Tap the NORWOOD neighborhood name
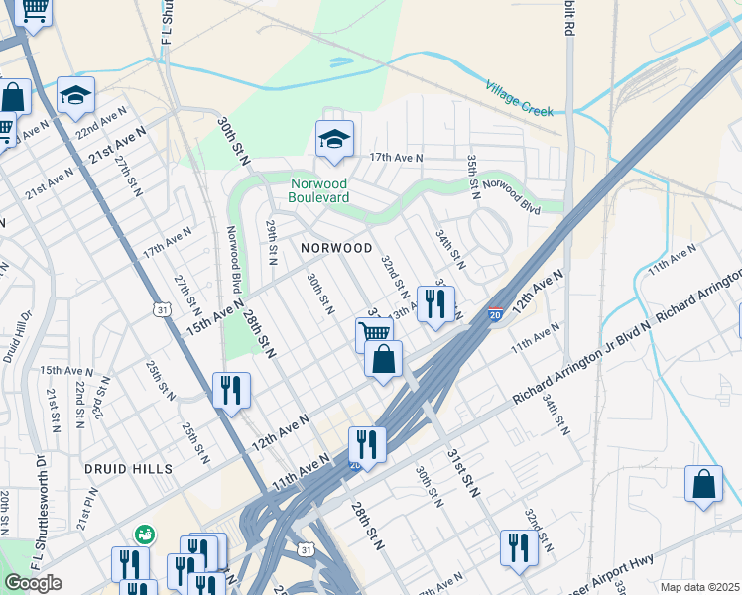337,248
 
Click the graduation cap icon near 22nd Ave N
75,96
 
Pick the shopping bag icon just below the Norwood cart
384,359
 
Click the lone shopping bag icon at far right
703,485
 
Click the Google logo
33,583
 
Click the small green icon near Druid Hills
144,535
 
